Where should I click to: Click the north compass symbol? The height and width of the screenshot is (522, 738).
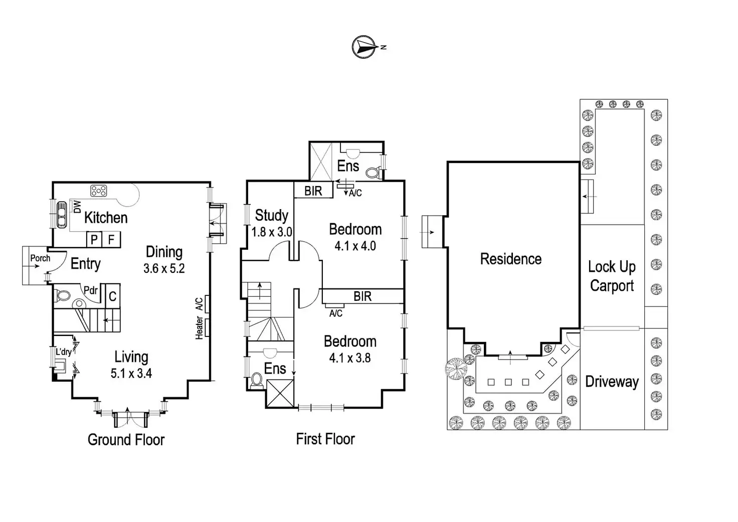(x=365, y=47)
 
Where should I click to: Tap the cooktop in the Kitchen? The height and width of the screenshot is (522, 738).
(x=98, y=191)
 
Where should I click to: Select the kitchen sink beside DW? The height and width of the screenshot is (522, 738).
(x=62, y=215)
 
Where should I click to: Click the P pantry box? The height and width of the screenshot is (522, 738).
(x=94, y=240)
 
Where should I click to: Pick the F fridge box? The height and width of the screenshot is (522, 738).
(x=111, y=240)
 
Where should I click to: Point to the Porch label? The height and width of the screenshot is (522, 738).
(x=40, y=258)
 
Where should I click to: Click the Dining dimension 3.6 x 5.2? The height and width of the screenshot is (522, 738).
(x=164, y=269)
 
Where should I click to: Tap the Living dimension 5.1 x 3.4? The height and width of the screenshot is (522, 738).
(x=131, y=374)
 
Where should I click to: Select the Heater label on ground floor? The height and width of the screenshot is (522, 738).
(x=200, y=328)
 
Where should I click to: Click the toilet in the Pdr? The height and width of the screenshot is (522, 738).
(x=63, y=295)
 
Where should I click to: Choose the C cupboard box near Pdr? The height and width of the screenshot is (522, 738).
(x=112, y=296)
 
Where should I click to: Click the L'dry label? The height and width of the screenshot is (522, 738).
(x=64, y=352)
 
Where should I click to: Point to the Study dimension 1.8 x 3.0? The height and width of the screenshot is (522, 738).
(x=272, y=232)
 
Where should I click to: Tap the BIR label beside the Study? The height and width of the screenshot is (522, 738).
(x=313, y=191)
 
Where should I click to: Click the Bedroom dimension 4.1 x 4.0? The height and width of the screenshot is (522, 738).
(x=355, y=246)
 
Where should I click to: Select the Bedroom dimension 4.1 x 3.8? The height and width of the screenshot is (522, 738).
(x=350, y=358)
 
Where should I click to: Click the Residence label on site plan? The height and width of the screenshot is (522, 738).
(x=511, y=259)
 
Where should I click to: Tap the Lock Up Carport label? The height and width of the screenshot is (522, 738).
(x=612, y=276)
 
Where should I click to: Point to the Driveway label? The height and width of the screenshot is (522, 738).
(x=612, y=382)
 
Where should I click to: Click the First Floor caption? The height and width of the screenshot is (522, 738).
(x=325, y=439)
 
